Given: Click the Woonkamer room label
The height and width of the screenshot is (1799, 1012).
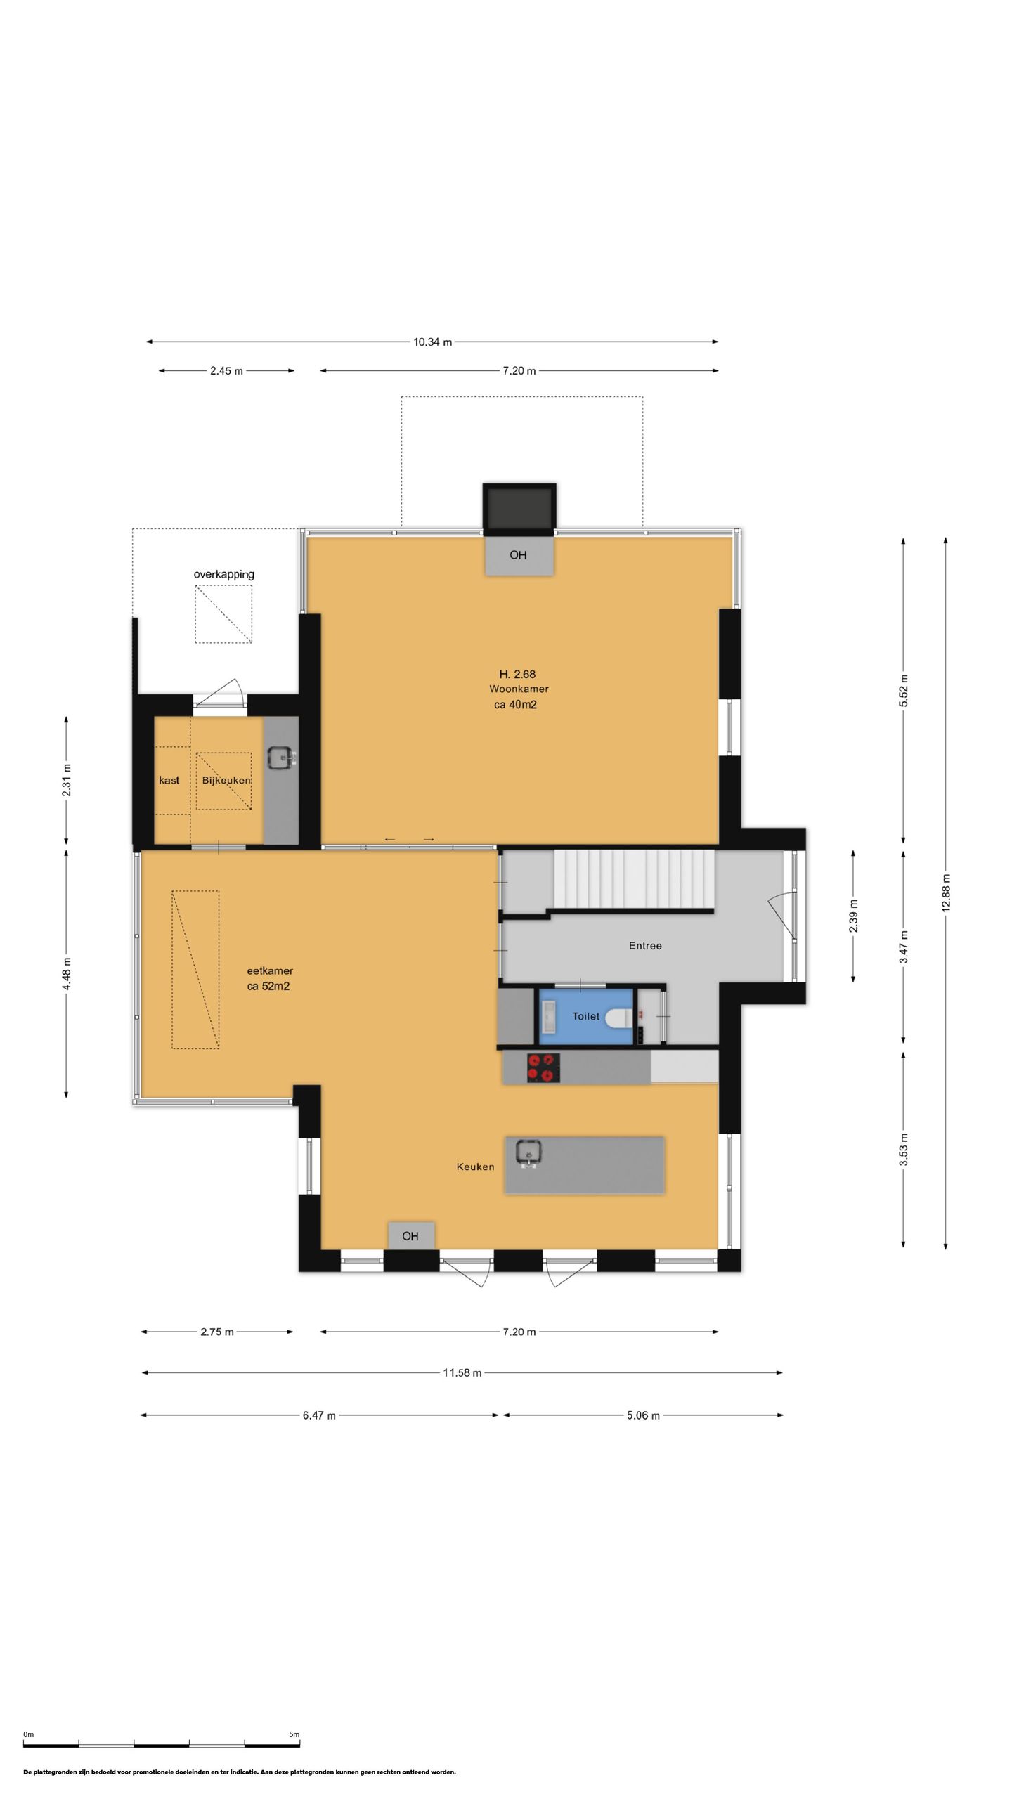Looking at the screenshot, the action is pyautogui.click(x=519, y=689).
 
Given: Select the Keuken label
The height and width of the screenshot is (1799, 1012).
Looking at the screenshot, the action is pyautogui.click(x=475, y=1167).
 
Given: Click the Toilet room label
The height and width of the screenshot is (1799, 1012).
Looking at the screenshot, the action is pyautogui.click(x=586, y=1016).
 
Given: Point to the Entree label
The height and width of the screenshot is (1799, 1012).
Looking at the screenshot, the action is pyautogui.click(x=645, y=946).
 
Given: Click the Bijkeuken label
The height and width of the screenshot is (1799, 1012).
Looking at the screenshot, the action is pyautogui.click(x=226, y=781).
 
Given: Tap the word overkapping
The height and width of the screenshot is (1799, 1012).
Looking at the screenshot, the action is pyautogui.click(x=224, y=574).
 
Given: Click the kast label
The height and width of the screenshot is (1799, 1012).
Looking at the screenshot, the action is pyautogui.click(x=169, y=780).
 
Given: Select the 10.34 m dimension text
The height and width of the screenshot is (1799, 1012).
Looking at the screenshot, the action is pyautogui.click(x=432, y=342).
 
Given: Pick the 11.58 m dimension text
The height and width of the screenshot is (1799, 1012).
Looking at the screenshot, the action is pyautogui.click(x=462, y=1373).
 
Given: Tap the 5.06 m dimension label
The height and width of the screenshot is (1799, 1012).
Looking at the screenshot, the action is pyautogui.click(x=643, y=1415).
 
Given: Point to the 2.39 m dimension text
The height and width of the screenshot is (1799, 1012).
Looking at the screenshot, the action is pyautogui.click(x=853, y=916).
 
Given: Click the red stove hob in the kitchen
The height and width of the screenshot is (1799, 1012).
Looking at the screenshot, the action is pyautogui.click(x=544, y=1067).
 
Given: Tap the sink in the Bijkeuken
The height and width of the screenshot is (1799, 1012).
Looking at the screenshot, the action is pyautogui.click(x=282, y=757).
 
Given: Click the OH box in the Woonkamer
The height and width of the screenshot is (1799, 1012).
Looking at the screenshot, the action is pyautogui.click(x=519, y=555).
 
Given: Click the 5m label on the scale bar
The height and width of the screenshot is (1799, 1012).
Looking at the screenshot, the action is pyautogui.click(x=294, y=1734).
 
